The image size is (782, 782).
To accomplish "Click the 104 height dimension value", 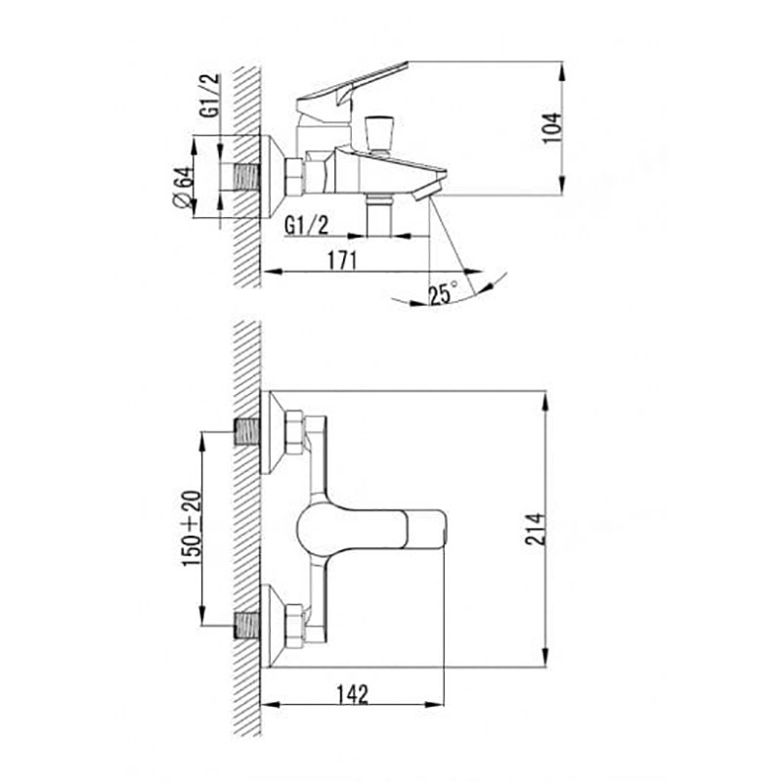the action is pyautogui.click(x=551, y=128).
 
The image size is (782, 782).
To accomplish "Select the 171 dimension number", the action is pyautogui.click(x=342, y=260).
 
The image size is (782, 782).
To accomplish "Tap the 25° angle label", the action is pyautogui.click(x=444, y=292).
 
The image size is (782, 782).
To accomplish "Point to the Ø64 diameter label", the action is pyautogui.click(x=183, y=187).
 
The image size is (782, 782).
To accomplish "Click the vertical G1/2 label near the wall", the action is pyautogui.click(x=209, y=95).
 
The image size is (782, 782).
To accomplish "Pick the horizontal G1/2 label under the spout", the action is pyautogui.click(x=307, y=226).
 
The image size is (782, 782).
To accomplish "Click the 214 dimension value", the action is pyautogui.click(x=536, y=529).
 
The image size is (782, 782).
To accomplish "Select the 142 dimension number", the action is pyautogui.click(x=352, y=694).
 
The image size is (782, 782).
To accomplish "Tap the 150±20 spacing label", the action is pyautogui.click(x=192, y=529).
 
